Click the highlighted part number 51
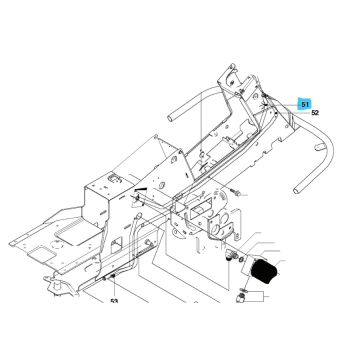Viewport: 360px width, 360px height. (x=304, y=104)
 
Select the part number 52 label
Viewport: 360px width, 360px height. (x=315, y=113)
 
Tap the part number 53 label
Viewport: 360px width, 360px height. (x=114, y=301)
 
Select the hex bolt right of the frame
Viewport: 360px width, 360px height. (x=236, y=192)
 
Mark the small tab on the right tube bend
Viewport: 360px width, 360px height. (x=316, y=147)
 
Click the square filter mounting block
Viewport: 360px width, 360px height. (x=252, y=263)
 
